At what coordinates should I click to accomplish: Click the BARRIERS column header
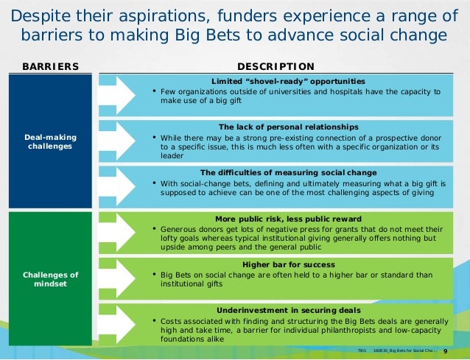[50, 66]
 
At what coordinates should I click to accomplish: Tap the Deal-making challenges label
[50, 141]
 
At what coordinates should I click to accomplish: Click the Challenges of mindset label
[50, 279]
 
